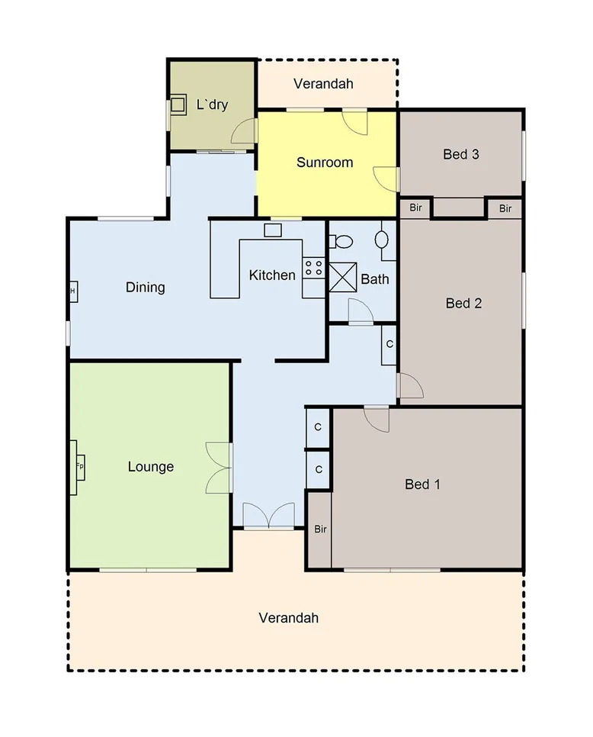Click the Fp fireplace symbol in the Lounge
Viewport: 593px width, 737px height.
[79, 466]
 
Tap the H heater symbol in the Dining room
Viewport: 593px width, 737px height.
[73, 291]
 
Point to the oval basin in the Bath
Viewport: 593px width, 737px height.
[382, 239]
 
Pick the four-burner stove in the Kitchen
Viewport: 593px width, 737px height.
[313, 268]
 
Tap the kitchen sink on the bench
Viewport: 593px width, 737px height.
[273, 230]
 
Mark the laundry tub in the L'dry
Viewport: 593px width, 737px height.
[178, 104]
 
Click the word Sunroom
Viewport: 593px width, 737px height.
[325, 163]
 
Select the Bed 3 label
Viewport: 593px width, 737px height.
[460, 154]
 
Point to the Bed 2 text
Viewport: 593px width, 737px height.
[463, 303]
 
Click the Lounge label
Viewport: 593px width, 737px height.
[151, 467]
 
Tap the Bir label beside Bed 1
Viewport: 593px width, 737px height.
[320, 529]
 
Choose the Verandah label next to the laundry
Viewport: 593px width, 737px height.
[323, 84]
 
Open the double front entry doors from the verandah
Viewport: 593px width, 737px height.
[268, 516]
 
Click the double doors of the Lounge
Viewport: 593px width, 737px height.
[218, 467]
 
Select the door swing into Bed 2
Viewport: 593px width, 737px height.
[410, 386]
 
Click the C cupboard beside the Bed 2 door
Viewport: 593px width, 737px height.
[389, 344]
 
